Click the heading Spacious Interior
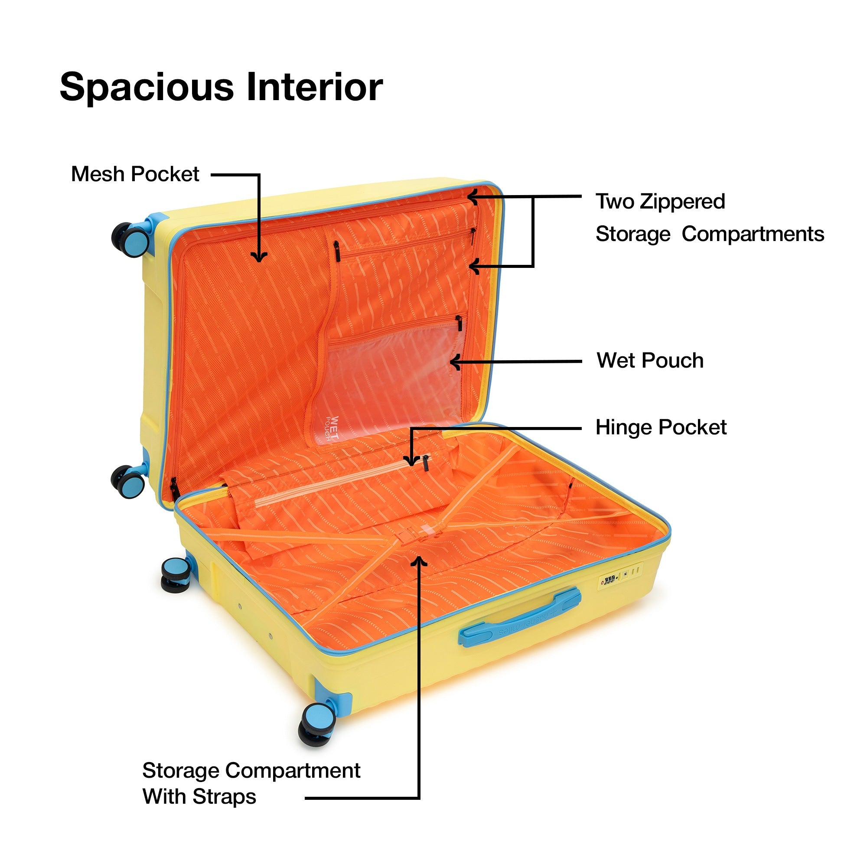tap(221, 87)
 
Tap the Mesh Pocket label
tap(135, 174)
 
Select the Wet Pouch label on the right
tap(650, 361)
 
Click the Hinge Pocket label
tap(661, 428)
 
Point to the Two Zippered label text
tap(660, 202)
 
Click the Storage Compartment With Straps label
tap(251, 783)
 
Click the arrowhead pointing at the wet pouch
tap(455, 362)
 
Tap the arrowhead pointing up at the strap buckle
tap(419, 561)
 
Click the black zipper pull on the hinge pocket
tap(425, 463)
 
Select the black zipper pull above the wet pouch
tap(459, 323)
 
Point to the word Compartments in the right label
tap(753, 234)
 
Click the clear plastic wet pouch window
tap(391, 377)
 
